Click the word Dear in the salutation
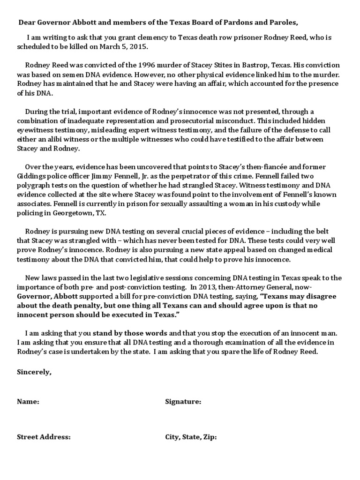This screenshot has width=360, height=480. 26,22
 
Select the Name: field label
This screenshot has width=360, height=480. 28,402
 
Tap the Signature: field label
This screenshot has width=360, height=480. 183,402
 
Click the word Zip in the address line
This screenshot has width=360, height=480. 209,437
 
